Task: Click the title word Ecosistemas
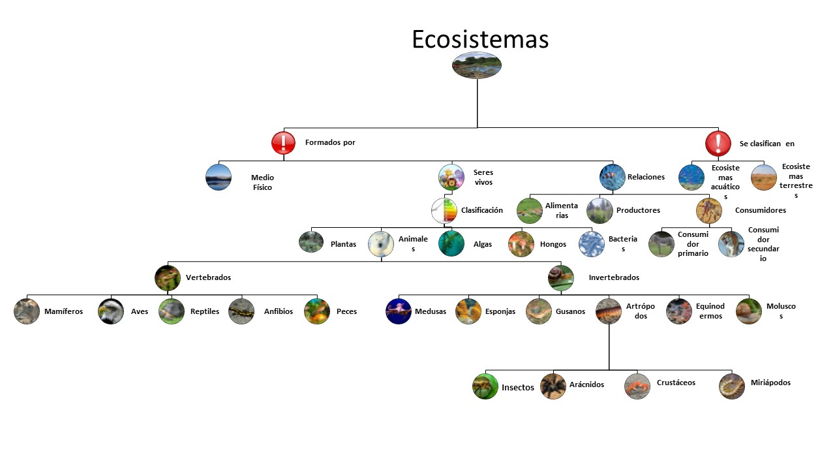(480, 39)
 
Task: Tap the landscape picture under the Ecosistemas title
(477, 65)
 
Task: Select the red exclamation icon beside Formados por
(284, 143)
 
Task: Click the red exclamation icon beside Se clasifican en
(718, 143)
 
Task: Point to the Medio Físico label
(262, 182)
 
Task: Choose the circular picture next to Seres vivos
(451, 177)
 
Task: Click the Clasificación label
(481, 210)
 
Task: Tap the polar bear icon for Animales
(381, 243)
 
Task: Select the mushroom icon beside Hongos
(521, 243)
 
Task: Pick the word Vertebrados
(208, 277)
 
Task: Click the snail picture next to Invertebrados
(561, 277)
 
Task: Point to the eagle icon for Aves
(111, 311)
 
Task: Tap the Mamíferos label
(64, 311)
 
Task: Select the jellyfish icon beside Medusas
(399, 311)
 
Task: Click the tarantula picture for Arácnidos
(553, 386)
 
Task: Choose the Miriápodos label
(770, 383)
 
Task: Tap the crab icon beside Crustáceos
(637, 386)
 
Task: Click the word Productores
(638, 210)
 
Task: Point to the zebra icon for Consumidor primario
(661, 243)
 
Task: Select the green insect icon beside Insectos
(485, 386)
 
